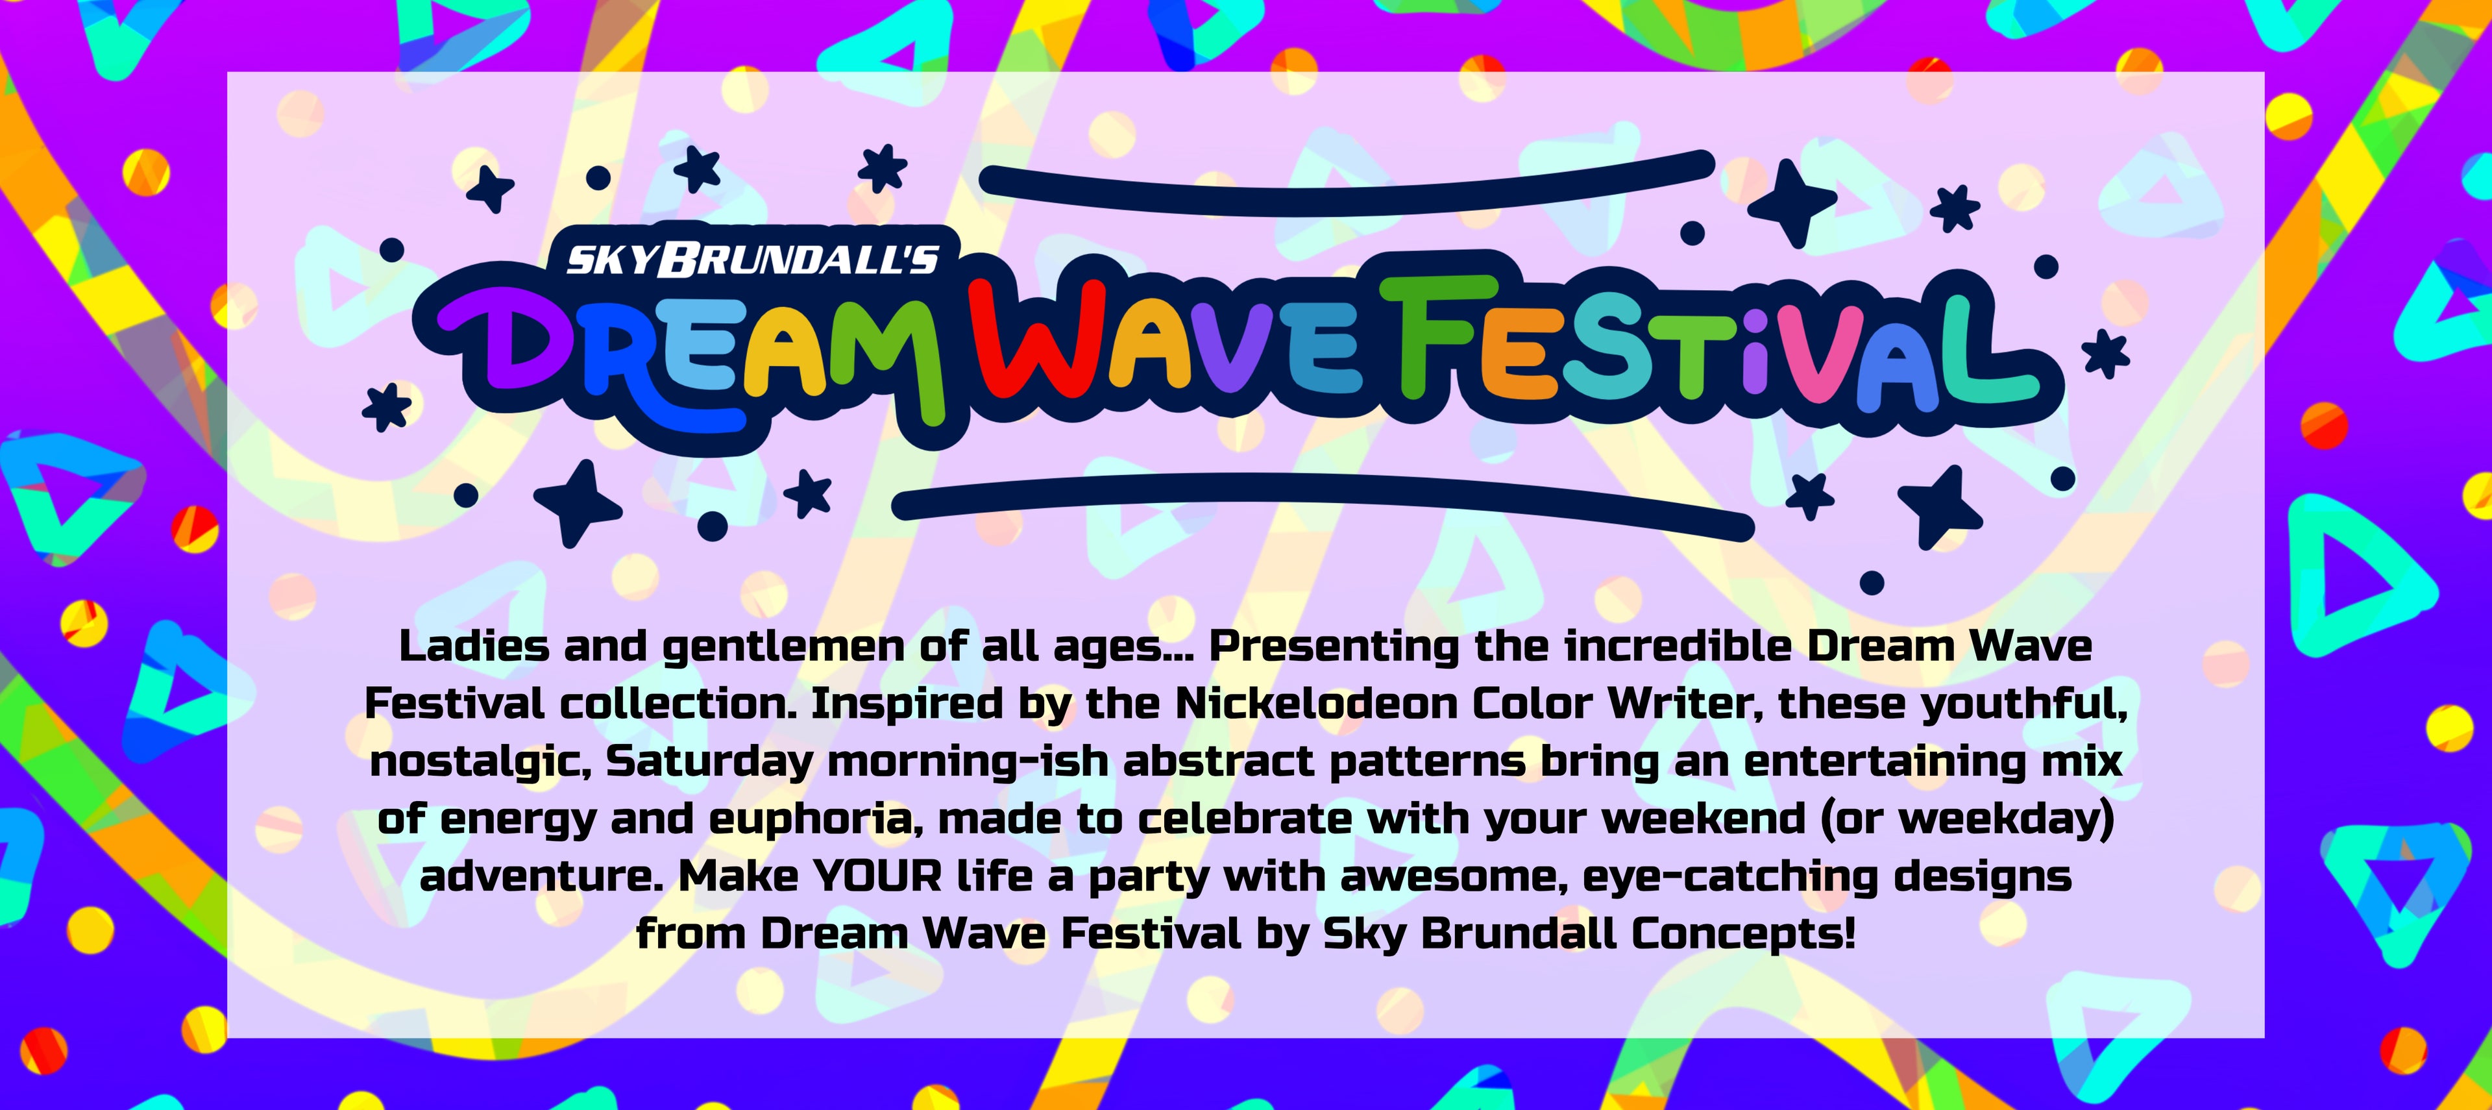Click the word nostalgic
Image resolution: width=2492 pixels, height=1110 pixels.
pos(479,761)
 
